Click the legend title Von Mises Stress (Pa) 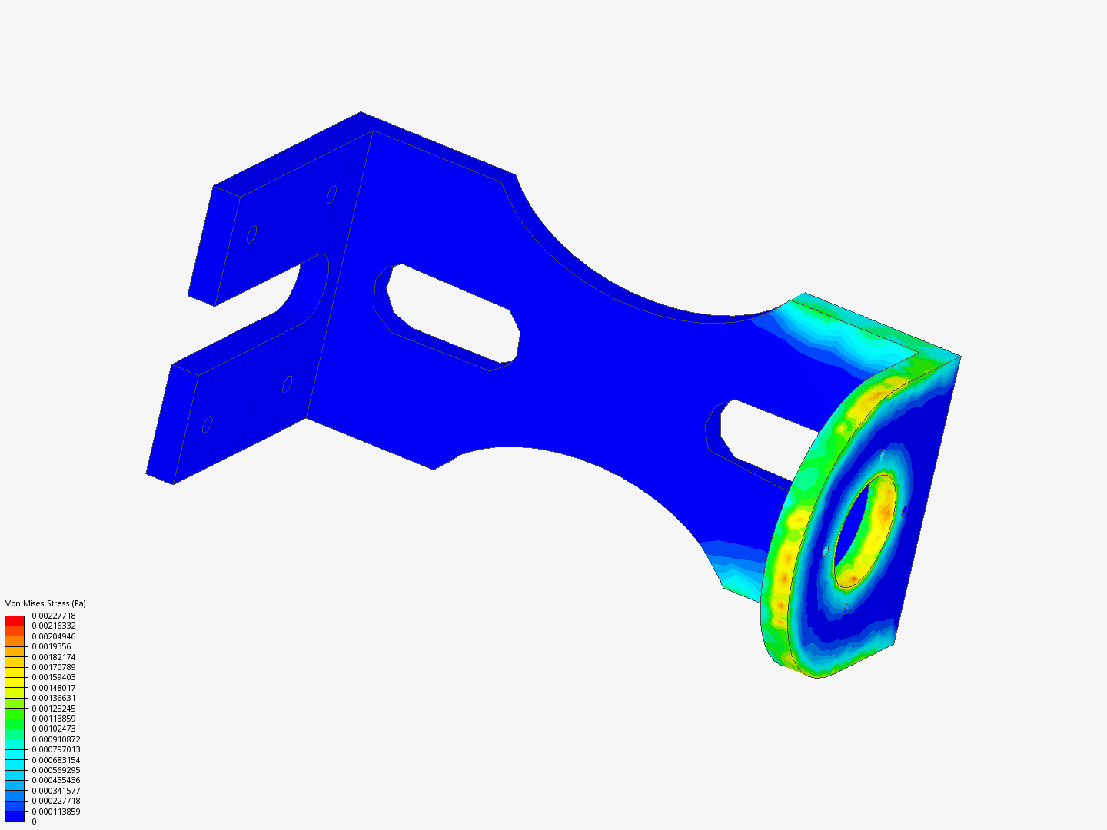pyautogui.click(x=45, y=603)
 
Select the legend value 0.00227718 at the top pyautogui.click(x=54, y=616)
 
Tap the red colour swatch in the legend pyautogui.click(x=15, y=620)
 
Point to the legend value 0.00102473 pyautogui.click(x=54, y=729)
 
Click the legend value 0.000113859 pyautogui.click(x=56, y=812)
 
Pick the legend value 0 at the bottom pyautogui.click(x=34, y=822)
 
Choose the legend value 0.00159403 pyautogui.click(x=54, y=677)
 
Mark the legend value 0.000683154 pyautogui.click(x=56, y=760)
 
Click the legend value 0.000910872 pyautogui.click(x=56, y=739)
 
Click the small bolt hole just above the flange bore pyautogui.click(x=883, y=454)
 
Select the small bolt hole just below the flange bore pyautogui.click(x=846, y=608)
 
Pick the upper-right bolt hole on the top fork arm pyautogui.click(x=331, y=194)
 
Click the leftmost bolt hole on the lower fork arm pyautogui.click(x=207, y=423)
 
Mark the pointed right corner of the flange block pyautogui.click(x=959, y=357)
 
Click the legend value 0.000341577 pyautogui.click(x=56, y=791)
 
